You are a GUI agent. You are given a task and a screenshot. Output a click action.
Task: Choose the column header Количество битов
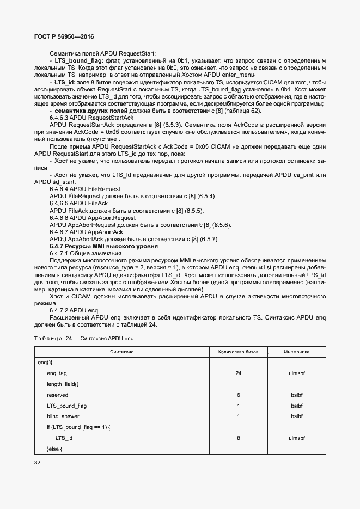click(x=239, y=352)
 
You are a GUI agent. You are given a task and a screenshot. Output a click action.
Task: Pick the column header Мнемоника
click(x=296, y=352)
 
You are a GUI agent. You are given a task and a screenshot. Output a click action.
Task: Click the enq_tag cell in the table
click(x=57, y=373)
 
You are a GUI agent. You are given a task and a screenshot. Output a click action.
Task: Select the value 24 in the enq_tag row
click(x=239, y=373)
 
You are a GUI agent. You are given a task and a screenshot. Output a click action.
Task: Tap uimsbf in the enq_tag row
click(x=296, y=373)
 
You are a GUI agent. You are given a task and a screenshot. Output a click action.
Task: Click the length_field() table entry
click(x=63, y=384)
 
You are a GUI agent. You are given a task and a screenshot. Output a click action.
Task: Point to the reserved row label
click(x=57, y=395)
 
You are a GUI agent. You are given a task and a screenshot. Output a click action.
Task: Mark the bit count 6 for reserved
click(x=239, y=395)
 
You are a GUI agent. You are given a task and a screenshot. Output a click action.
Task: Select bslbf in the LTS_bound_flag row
click(x=296, y=406)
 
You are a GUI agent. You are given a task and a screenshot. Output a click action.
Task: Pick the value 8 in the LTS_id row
click(x=239, y=438)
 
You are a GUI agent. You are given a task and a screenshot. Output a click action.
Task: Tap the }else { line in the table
click(x=55, y=449)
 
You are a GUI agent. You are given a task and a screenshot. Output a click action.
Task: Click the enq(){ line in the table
click(x=45, y=362)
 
